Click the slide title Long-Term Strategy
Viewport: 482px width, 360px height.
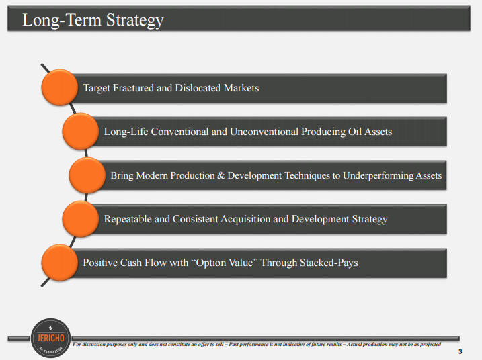click(x=93, y=20)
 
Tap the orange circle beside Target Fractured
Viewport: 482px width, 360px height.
click(x=59, y=87)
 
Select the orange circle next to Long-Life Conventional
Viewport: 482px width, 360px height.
click(x=80, y=131)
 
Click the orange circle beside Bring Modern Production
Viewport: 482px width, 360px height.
click(x=87, y=175)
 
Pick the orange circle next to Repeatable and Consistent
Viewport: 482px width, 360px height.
click(x=80, y=219)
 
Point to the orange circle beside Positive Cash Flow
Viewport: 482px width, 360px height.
click(x=59, y=263)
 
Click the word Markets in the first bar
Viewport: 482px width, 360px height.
click(x=241, y=88)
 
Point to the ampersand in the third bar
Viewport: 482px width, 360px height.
click(x=220, y=175)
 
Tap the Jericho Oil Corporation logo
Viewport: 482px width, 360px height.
click(x=50, y=338)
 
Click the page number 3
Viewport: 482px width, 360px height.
click(x=460, y=351)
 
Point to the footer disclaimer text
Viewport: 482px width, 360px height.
click(x=257, y=345)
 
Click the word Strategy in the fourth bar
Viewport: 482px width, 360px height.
click(x=370, y=220)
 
